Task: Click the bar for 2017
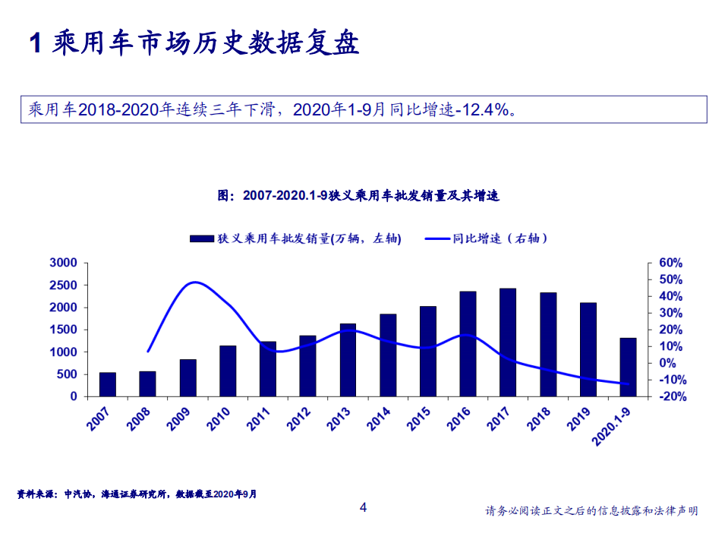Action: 508,342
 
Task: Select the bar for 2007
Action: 108,384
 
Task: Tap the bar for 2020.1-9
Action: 628,367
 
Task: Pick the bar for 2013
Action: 348,360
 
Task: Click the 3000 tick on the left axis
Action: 64,263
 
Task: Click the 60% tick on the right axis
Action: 671,263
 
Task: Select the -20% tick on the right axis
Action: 671,396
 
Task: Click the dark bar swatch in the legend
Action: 201,238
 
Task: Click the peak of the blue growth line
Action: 195,282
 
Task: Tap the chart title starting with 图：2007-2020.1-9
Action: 358,195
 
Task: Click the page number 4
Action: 363,507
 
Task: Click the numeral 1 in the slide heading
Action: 34,44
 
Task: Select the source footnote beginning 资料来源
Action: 137,494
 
